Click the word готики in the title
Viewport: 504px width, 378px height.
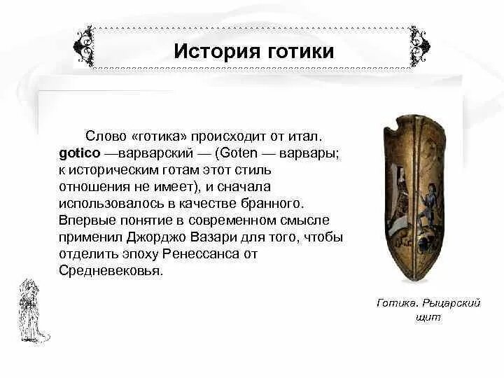tap(296, 52)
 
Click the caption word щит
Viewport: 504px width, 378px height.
tap(428, 317)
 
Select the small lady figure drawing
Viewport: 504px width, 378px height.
tap(31, 307)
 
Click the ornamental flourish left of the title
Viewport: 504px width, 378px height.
tap(83, 46)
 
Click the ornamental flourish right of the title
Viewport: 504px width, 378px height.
tap(420, 46)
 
